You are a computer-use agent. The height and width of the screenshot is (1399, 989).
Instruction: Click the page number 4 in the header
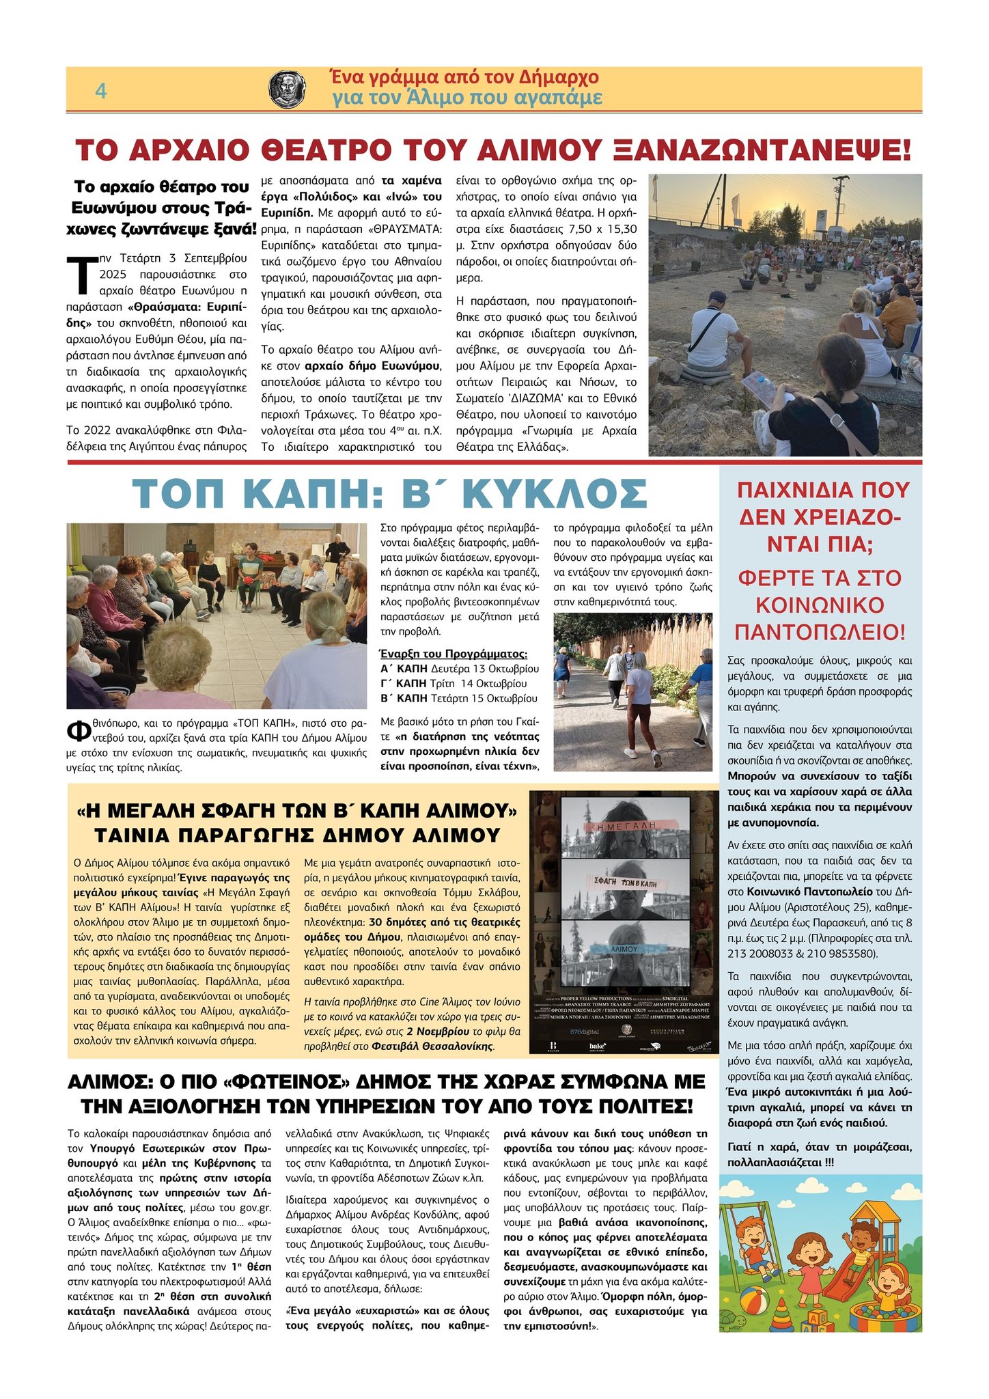pos(100,91)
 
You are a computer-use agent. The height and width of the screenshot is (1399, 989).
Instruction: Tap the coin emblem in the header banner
pos(287,89)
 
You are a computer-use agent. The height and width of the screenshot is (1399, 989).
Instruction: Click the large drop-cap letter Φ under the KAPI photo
pos(77,730)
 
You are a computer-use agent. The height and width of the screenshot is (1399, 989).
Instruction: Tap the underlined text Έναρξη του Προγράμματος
pos(454,653)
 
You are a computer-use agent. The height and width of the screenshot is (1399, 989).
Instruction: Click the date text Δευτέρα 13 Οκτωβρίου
pos(485,668)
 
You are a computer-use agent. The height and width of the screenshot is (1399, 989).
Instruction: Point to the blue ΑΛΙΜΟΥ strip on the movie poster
pos(624,949)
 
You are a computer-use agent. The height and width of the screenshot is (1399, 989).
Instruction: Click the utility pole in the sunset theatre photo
pos(839,205)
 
